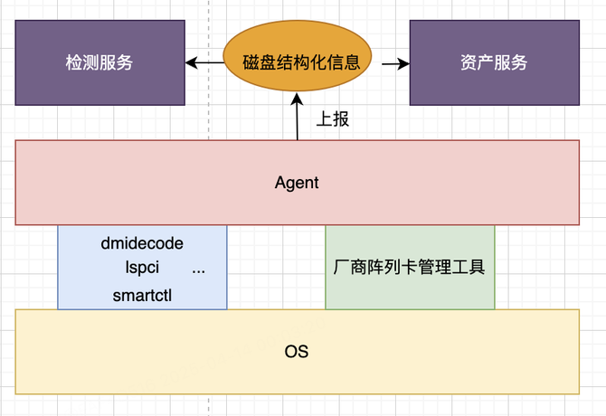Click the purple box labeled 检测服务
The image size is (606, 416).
tap(99, 62)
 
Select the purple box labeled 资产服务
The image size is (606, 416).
tap(495, 62)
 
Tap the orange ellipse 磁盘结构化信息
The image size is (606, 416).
tap(298, 56)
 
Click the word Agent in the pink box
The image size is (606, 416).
tap(297, 183)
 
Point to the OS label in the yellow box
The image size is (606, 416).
tap(297, 352)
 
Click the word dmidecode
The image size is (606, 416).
tap(142, 243)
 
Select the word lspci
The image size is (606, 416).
tap(142, 268)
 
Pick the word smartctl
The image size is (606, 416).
tap(142, 296)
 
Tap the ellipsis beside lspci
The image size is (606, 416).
tap(199, 271)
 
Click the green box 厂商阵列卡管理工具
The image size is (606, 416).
tap(410, 268)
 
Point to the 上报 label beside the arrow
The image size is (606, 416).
tap(332, 119)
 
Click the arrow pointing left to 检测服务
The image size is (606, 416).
tap(204, 62)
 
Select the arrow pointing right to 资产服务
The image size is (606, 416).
tap(395, 63)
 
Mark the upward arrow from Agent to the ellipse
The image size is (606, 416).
tap(297, 117)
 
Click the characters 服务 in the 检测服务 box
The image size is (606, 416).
tap(116, 62)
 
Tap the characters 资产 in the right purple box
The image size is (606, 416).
tap(478, 62)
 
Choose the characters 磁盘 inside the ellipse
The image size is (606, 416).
tap(259, 62)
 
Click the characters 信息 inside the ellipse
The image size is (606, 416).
tap(344, 62)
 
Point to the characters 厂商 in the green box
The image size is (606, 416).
tap(350, 268)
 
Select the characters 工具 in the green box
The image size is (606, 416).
tap(469, 268)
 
